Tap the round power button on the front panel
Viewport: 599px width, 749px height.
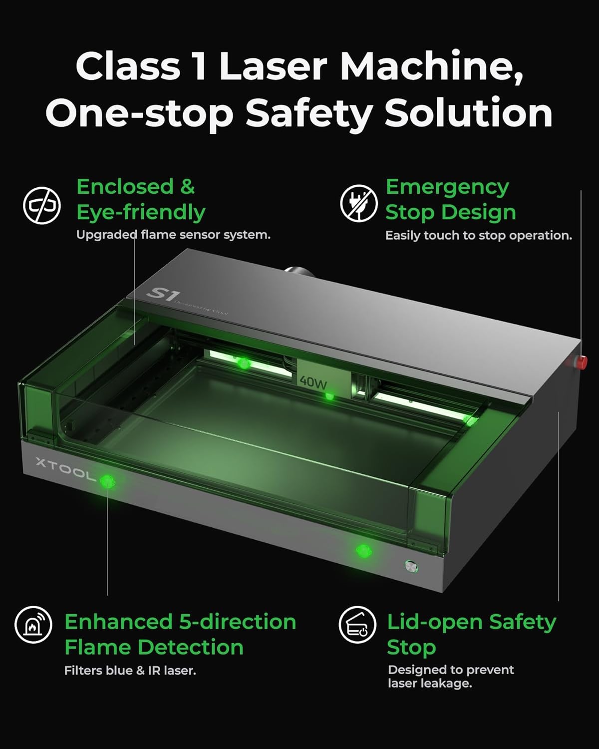click(x=411, y=567)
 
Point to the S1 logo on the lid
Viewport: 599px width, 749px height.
click(x=161, y=295)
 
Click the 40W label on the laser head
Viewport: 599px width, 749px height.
click(x=313, y=382)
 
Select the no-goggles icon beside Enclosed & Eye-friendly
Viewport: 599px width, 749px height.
click(x=42, y=205)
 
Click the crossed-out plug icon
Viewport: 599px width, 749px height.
click(x=359, y=204)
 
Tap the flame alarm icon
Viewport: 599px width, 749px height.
click(x=33, y=625)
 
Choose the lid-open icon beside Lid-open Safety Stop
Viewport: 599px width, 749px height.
click(x=357, y=625)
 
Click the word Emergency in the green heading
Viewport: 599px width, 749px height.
click(x=447, y=188)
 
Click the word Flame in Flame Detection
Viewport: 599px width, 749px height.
click(x=99, y=647)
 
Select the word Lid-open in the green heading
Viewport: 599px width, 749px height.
click(x=435, y=623)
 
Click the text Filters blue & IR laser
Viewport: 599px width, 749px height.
click(x=130, y=671)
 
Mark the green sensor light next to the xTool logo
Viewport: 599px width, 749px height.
click(x=107, y=481)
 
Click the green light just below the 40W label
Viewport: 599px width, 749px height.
click(x=329, y=396)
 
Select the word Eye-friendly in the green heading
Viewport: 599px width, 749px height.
click(x=141, y=213)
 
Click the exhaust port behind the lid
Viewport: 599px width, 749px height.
click(x=299, y=272)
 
